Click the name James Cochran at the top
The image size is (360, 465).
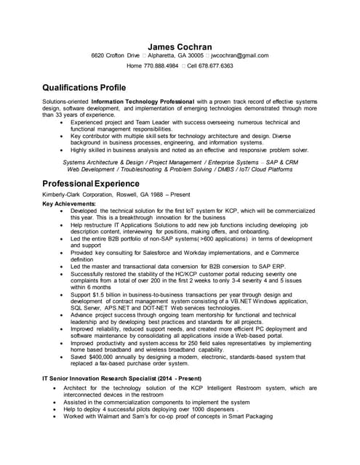[x=180, y=45]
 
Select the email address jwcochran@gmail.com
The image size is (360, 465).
[x=241, y=55]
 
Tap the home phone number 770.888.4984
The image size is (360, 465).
[x=161, y=65]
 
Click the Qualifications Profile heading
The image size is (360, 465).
[x=89, y=85]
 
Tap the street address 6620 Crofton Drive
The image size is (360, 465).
[x=115, y=55]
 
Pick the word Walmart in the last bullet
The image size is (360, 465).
[x=114, y=416]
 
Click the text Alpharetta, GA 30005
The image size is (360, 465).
[x=175, y=55]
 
